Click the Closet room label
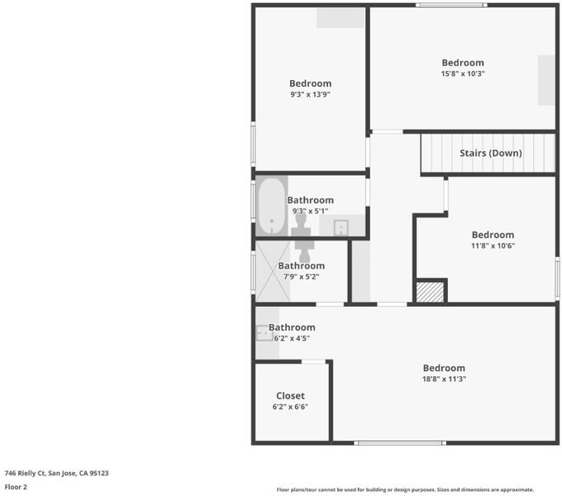290,396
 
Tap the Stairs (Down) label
491,153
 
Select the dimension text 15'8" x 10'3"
463,74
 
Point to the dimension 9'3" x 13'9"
310,94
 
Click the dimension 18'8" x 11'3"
444,379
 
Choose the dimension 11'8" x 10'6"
493,246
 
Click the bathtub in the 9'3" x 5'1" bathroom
272,206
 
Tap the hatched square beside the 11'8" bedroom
430,292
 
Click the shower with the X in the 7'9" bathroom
273,271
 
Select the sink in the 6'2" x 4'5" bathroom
264,333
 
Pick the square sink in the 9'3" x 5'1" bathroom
341,227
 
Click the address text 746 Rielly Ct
25,473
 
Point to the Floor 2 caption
16,487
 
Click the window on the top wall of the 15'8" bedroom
451,5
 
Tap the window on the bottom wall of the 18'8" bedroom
400,443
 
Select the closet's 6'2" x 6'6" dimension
290,407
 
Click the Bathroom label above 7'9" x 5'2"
302,265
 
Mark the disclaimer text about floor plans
405,489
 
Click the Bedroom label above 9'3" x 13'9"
311,83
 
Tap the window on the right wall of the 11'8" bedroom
557,278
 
